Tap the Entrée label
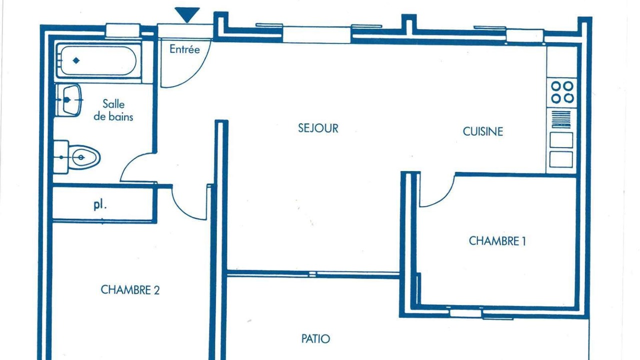coord(184,49)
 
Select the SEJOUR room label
coord(318,128)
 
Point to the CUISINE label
coord(483,131)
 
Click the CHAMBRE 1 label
coord(497,241)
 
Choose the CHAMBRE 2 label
coord(130,289)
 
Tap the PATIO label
coord(315,339)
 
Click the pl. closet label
coord(100,205)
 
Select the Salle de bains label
coord(113,110)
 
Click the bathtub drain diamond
coord(76,60)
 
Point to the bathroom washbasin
coord(71,99)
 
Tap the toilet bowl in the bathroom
coord(84,157)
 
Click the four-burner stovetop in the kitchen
coord(562,92)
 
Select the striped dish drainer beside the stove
coord(561,119)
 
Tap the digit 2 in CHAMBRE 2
coord(156,290)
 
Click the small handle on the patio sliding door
coord(312,274)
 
